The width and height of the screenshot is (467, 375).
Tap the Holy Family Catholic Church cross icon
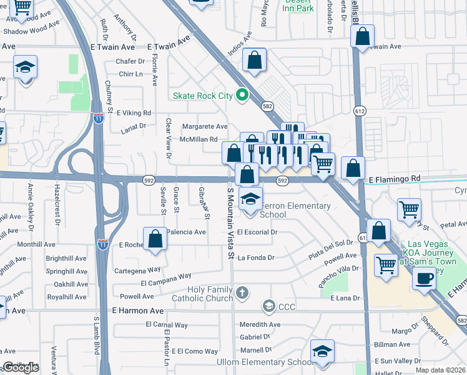(242, 292)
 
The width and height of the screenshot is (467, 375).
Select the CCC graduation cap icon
(269, 306)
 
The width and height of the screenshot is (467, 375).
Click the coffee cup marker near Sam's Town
(425, 278)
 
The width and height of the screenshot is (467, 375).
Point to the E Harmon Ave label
(138, 311)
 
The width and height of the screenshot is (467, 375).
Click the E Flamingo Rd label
(395, 179)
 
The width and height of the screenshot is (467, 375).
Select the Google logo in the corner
(21, 368)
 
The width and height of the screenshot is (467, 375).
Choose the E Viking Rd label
(132, 113)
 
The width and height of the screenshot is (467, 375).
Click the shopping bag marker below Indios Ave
(255, 61)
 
